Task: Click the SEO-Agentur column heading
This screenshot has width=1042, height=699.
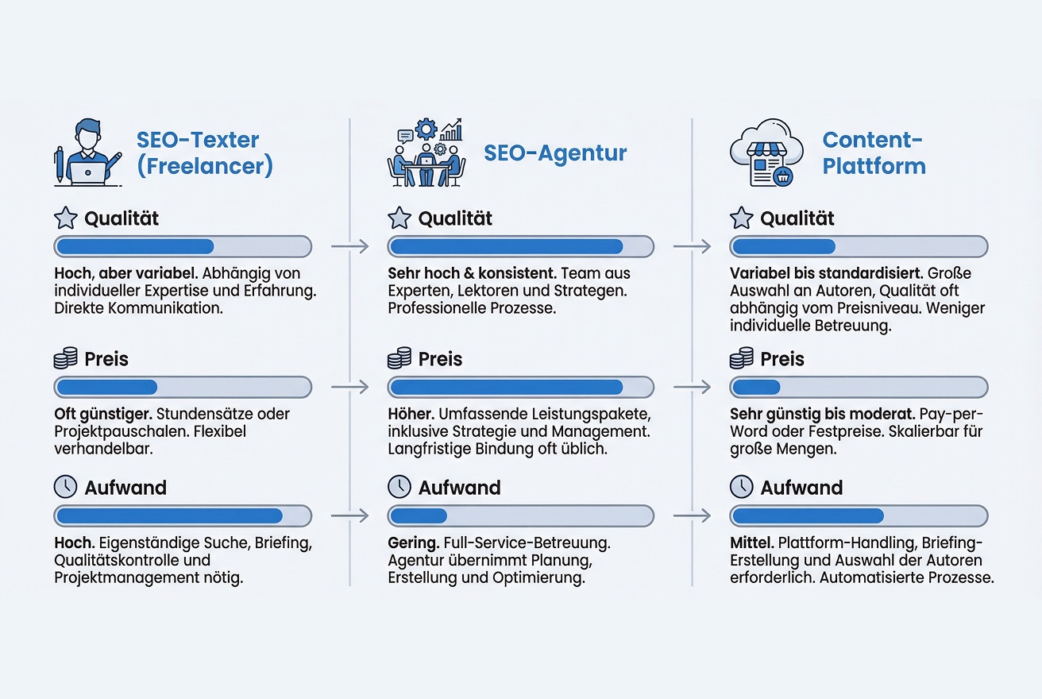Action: [555, 153]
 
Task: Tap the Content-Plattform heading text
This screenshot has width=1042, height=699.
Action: [874, 153]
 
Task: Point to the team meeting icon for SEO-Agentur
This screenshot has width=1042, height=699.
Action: [428, 153]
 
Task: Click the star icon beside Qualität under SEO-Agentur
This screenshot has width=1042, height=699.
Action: [399, 218]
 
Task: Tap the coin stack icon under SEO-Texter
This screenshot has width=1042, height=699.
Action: [65, 359]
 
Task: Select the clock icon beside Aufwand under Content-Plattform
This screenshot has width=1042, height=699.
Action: [741, 487]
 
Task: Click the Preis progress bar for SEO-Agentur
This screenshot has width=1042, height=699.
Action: [520, 388]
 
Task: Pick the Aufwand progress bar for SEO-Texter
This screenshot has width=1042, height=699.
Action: [183, 516]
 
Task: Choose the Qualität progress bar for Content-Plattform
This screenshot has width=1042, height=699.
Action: [859, 246]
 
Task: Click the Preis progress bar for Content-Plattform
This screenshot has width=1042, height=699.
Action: [859, 388]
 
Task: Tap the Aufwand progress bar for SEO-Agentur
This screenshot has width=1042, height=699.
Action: [520, 516]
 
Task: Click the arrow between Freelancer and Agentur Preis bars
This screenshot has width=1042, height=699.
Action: [349, 388]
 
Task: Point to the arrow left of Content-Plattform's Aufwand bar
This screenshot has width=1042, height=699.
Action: [691, 516]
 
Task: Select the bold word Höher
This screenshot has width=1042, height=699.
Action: [410, 415]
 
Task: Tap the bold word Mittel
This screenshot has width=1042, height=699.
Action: [751, 544]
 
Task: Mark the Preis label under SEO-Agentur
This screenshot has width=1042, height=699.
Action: [440, 359]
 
